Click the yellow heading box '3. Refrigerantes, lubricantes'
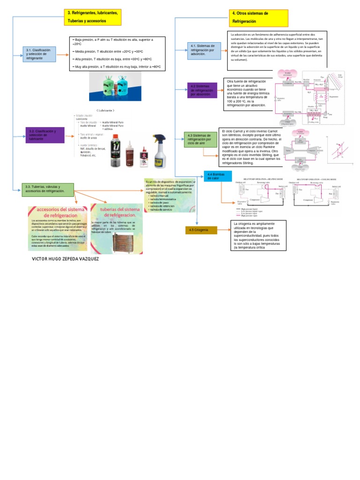click(x=93, y=17)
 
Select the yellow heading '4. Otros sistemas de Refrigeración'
click(x=258, y=18)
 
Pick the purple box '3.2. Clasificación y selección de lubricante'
click(x=45, y=135)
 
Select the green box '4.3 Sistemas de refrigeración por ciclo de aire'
click(x=200, y=139)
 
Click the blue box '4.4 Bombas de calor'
click(x=217, y=176)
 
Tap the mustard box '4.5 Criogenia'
click(x=201, y=230)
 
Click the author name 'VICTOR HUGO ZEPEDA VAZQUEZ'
click(x=65, y=259)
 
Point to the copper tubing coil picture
click(x=124, y=242)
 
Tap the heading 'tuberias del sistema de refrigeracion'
click(x=117, y=212)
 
